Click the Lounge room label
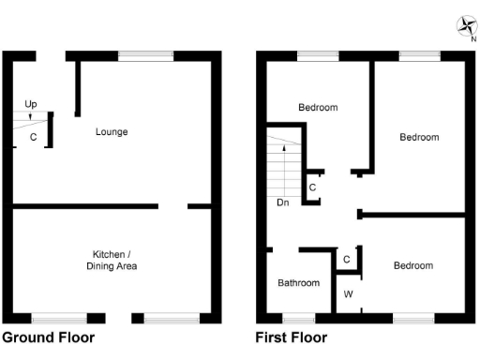pos(112,132)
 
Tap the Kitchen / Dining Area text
pos(114,261)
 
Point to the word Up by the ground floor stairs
pos(31,103)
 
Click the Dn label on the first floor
pos(282,202)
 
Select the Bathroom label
pos(299,283)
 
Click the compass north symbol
pos(466,27)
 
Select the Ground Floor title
pos(48,337)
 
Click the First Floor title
pos(292,337)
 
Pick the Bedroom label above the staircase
pos(318,108)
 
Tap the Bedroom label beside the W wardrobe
pos(413,266)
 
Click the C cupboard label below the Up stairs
pos(33,138)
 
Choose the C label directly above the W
pos(347,259)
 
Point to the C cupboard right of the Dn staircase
pos(313,187)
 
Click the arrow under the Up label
pos(31,116)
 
